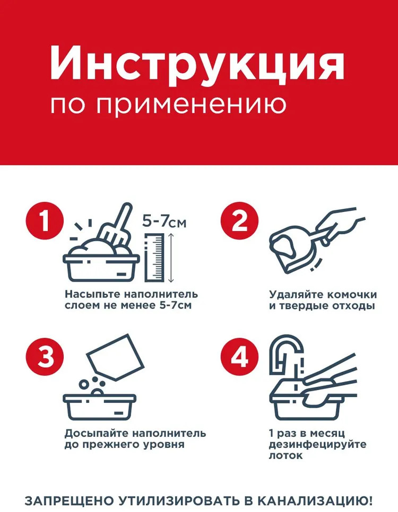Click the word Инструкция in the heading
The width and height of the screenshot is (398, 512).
197,64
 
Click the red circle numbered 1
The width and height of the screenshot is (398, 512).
45,220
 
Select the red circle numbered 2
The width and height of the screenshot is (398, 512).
240,220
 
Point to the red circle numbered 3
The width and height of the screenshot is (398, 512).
45,357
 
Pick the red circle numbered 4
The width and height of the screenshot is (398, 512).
240,357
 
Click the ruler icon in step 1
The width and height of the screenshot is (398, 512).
154,257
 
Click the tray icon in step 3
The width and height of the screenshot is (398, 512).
99,407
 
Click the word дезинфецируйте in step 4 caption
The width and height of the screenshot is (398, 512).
317,445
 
